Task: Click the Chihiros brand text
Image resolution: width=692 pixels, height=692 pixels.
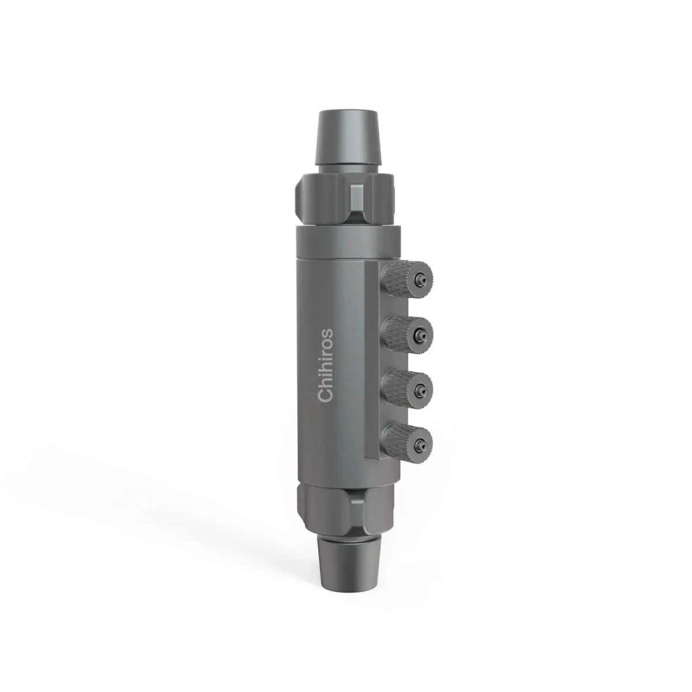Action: click(x=326, y=365)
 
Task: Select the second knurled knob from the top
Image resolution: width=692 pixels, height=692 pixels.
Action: click(x=408, y=336)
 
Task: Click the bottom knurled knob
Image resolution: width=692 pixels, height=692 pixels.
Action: click(x=408, y=445)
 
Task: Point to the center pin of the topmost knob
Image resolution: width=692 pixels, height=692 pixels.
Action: click(x=420, y=279)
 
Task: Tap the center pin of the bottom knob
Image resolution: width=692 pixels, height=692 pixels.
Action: click(x=420, y=445)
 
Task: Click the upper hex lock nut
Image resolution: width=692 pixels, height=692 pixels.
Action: click(x=345, y=200)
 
